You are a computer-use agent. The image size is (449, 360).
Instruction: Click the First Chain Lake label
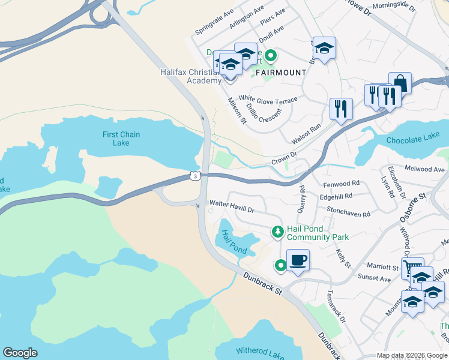click(x=121, y=139)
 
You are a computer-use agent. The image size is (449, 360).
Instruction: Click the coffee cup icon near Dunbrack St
click(x=298, y=260)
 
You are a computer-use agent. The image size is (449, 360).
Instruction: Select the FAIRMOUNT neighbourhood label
click(x=281, y=73)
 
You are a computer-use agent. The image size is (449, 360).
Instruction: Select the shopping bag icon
click(x=400, y=83)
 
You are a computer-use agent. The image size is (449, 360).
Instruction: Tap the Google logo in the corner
click(x=20, y=353)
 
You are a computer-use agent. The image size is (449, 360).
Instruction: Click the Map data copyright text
click(x=411, y=355)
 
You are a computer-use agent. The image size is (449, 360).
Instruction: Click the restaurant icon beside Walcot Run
click(x=340, y=109)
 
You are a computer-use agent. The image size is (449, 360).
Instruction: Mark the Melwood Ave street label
click(x=425, y=169)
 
